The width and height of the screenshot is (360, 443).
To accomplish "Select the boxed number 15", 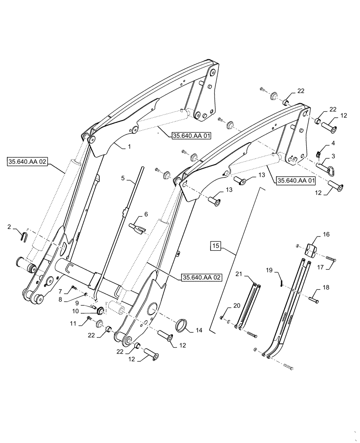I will [x=215, y=245].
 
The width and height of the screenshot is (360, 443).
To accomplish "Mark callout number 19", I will [x=269, y=270].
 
